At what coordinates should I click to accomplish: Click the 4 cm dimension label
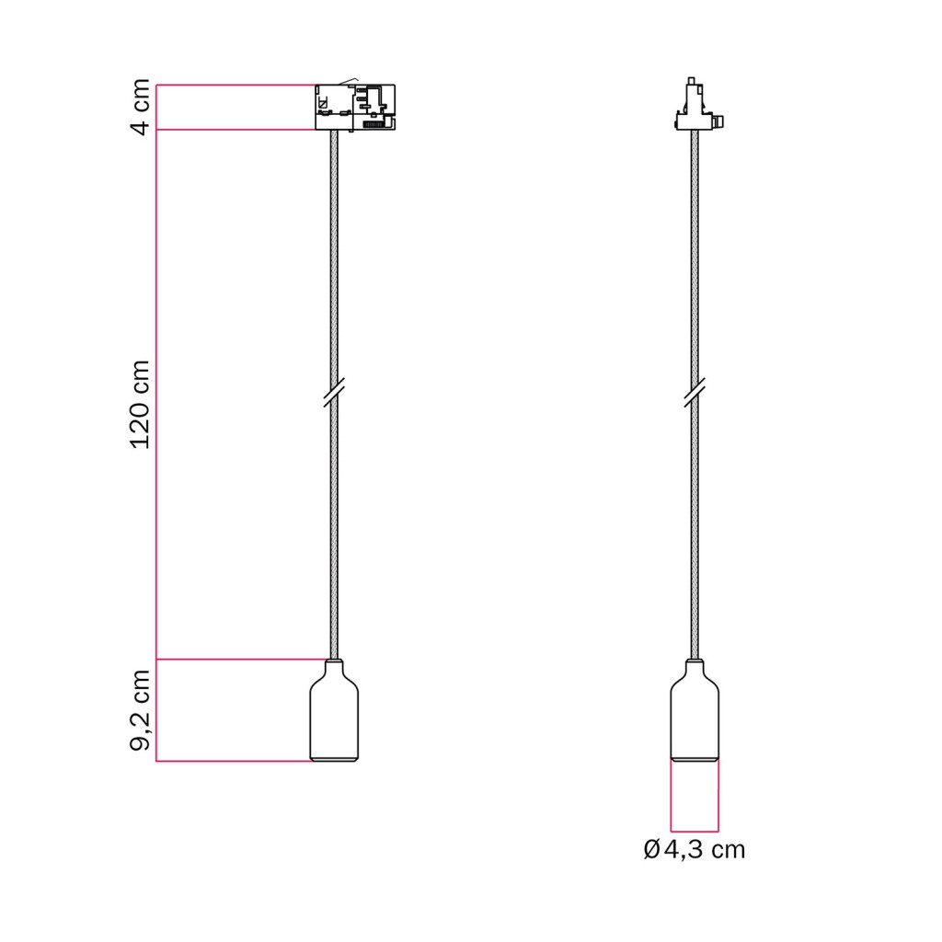(x=141, y=107)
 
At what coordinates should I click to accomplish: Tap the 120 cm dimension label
(x=141, y=405)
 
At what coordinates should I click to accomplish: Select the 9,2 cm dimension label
(x=141, y=710)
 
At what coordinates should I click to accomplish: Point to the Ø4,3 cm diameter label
(x=694, y=850)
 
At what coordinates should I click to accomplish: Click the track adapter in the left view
(x=355, y=107)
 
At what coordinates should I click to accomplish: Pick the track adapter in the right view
(x=698, y=104)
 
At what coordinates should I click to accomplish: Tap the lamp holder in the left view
(x=334, y=710)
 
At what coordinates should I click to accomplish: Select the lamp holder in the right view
(x=695, y=710)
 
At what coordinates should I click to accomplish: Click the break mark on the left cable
(x=334, y=392)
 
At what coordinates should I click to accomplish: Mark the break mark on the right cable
(x=695, y=392)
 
